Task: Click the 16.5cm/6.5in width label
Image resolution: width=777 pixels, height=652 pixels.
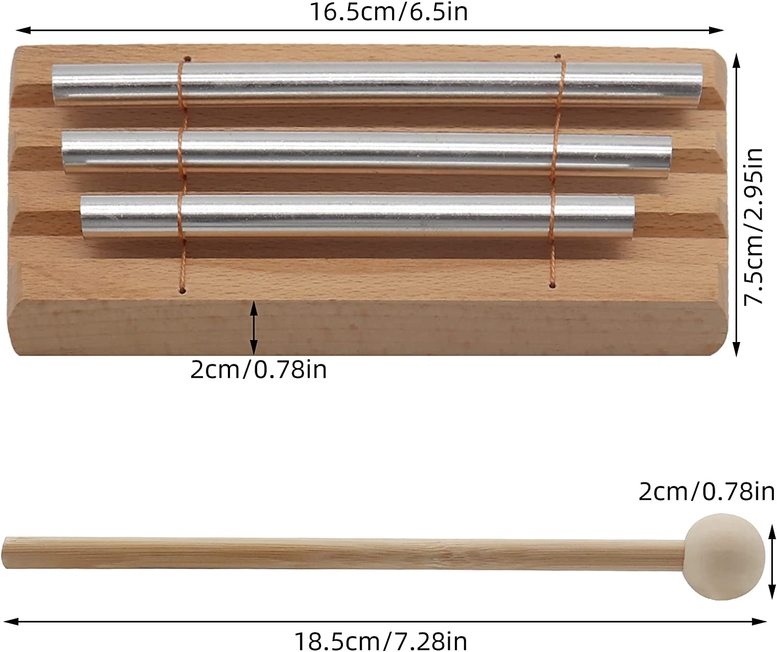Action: click(388, 11)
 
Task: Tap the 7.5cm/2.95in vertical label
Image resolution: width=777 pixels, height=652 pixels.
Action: click(754, 227)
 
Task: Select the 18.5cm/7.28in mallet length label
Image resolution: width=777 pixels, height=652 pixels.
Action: click(381, 641)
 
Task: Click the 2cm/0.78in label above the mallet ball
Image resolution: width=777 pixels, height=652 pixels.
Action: click(706, 491)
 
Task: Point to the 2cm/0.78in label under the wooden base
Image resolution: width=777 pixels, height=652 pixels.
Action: click(258, 369)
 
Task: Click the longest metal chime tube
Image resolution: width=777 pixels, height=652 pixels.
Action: click(377, 84)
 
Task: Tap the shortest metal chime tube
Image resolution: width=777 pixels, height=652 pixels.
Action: click(357, 216)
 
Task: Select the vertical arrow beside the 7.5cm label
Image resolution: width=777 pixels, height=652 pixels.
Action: click(737, 206)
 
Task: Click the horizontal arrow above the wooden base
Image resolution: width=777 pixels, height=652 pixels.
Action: click(370, 30)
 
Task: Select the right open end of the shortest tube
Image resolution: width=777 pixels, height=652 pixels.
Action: click(631, 216)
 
